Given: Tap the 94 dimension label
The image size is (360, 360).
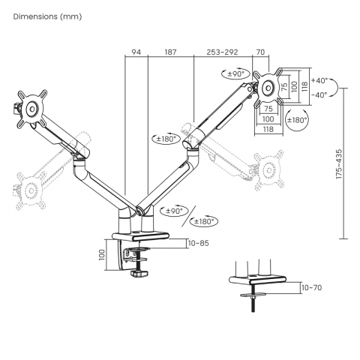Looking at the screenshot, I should tap(136, 52).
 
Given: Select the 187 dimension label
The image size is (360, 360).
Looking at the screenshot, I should tap(170, 52).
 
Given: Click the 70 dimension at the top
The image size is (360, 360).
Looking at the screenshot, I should tap(260, 52).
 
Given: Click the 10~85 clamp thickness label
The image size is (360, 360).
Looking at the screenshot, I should tap(199, 243).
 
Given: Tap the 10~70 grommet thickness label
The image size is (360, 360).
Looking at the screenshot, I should tap(311, 286).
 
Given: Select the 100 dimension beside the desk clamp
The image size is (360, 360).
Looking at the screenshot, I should tap(101, 255).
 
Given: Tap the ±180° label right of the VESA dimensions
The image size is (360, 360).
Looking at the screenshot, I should tap(297, 118).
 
